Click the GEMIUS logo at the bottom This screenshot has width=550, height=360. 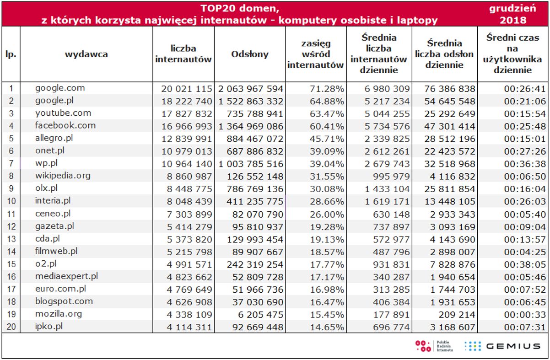tap(501, 346)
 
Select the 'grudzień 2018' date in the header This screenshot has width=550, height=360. tap(512, 14)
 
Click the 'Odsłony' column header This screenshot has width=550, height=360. tap(250, 54)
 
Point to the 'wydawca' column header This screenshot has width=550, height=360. tap(86, 54)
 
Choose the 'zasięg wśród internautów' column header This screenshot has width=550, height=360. tap(315, 54)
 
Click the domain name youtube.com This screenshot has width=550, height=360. tap(63, 113)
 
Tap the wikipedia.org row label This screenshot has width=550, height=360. tap(63, 176)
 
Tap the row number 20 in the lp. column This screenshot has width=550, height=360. tap(11, 327)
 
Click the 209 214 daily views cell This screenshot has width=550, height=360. tap(457, 315)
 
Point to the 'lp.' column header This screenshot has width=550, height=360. tap(11, 54)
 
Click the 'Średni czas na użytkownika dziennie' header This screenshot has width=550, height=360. tap(512, 54)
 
